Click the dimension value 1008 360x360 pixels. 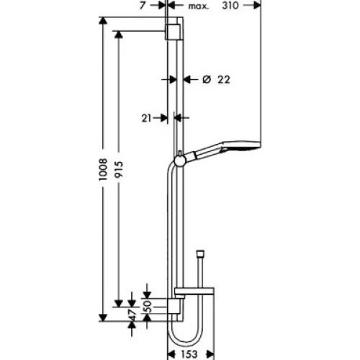click(x=103, y=169)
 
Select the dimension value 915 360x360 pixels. click(x=119, y=169)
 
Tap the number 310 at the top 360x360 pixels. click(x=230, y=5)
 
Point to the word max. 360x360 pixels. click(x=199, y=6)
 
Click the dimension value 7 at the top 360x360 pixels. click(x=143, y=5)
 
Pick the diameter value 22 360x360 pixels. click(x=224, y=79)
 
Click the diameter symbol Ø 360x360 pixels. click(x=207, y=79)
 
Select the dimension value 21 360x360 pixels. click(x=146, y=118)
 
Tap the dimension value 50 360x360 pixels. click(x=147, y=306)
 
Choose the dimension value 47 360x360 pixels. click(x=132, y=315)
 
